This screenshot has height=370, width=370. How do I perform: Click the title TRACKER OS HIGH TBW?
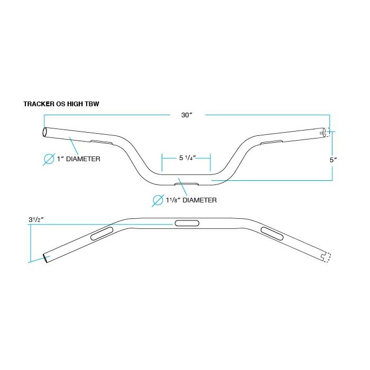pos(61,104)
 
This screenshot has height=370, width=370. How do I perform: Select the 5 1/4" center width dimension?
pos(187,158)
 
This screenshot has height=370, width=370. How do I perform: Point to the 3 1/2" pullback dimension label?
pos(37,219)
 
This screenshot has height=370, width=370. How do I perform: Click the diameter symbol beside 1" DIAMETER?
pos(49,159)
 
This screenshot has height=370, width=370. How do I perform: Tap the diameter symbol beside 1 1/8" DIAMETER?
pos(158,200)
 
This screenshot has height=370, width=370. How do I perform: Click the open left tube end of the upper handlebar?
pos(46,132)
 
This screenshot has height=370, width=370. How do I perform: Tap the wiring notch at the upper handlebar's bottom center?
pos(187,183)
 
